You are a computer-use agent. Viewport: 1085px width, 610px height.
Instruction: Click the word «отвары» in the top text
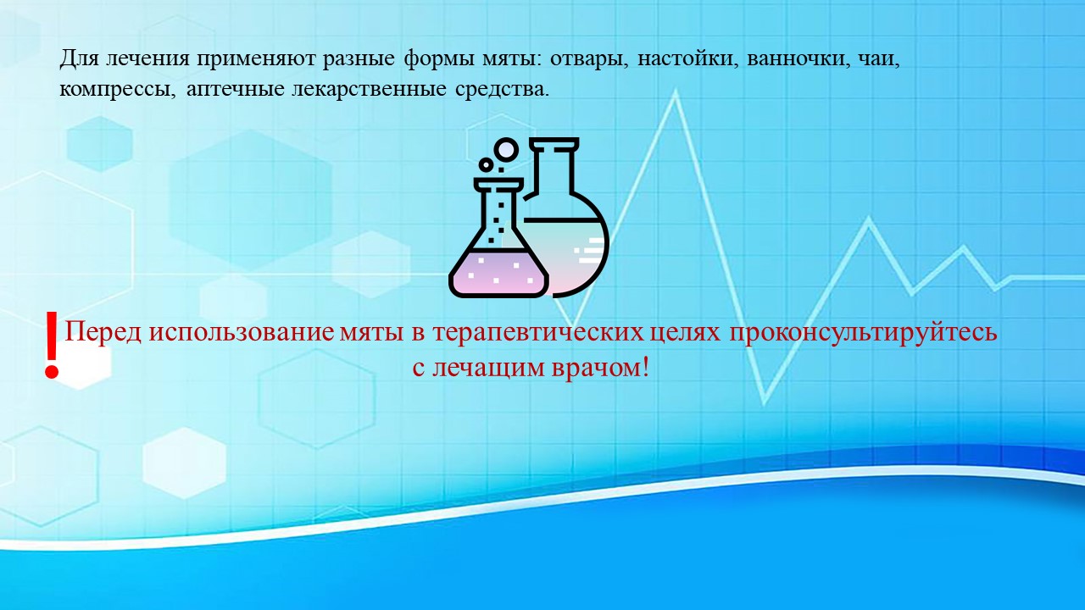coord(588,60)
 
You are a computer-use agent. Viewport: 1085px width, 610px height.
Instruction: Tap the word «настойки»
coord(687,59)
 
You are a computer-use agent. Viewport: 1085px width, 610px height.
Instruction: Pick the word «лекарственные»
coord(369,90)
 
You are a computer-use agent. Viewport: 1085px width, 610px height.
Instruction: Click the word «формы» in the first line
coord(438,60)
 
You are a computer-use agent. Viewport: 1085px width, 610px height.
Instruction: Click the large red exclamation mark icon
coord(52,345)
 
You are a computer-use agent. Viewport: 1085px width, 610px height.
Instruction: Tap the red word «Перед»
coord(103,333)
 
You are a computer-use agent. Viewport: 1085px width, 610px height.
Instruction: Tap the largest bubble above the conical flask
coord(506,150)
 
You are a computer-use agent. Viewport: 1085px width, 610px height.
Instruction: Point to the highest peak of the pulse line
coord(675,97)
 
